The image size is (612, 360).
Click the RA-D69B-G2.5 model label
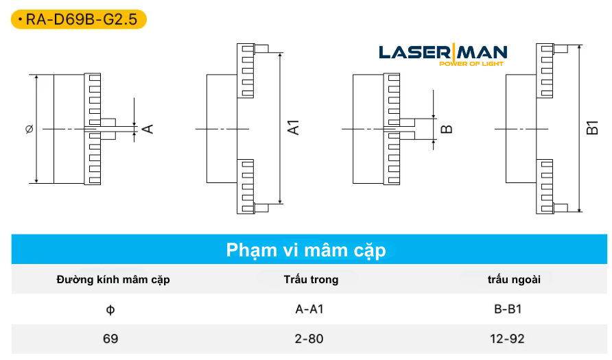[x=79, y=19]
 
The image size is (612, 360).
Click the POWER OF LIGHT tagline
[x=471, y=64]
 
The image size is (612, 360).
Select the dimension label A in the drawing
[x=146, y=128]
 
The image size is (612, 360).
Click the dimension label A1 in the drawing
[x=294, y=127]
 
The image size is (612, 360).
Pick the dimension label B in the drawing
[x=446, y=128]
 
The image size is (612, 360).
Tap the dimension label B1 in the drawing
[x=593, y=128]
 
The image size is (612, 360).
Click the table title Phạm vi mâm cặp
[x=306, y=250]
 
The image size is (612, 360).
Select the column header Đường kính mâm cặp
[x=113, y=280]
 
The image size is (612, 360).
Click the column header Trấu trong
[x=311, y=280]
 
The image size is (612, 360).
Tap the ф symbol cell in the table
[x=110, y=309]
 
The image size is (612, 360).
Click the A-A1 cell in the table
[x=309, y=309]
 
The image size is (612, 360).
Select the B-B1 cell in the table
[x=508, y=309]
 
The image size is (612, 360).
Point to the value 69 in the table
[x=110, y=338]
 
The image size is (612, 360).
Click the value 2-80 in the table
[x=309, y=338]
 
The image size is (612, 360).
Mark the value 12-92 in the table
[x=508, y=338]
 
